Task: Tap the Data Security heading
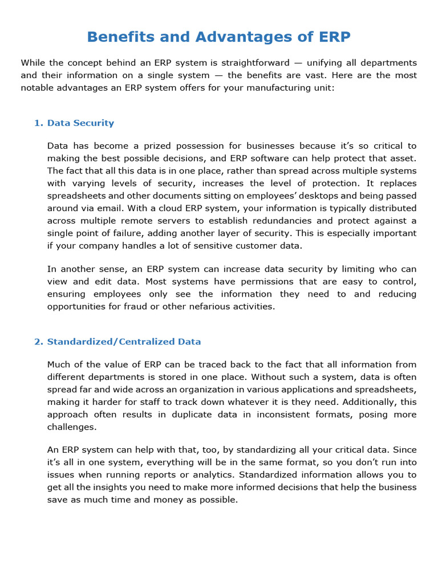[80, 123]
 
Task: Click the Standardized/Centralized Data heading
[124, 342]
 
